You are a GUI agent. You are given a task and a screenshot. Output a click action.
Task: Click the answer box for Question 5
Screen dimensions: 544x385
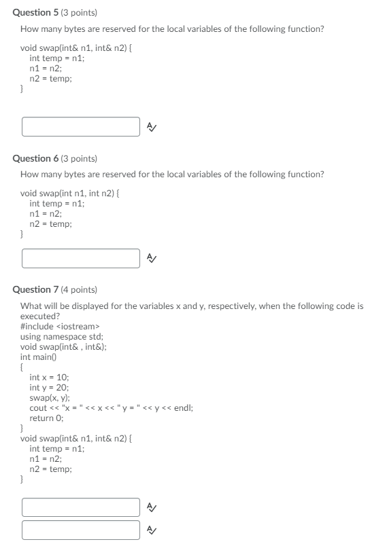coord(81,126)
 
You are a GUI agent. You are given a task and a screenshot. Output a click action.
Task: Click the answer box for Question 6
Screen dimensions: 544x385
coord(81,258)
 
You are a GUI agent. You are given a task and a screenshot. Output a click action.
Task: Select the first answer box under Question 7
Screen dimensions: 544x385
coord(81,507)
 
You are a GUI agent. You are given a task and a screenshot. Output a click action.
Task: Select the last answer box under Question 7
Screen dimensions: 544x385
coord(81,530)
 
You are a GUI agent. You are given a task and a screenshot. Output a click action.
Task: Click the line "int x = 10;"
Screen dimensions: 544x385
coord(50,377)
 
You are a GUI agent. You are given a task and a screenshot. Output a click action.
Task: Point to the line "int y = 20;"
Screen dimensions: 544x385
coord(50,387)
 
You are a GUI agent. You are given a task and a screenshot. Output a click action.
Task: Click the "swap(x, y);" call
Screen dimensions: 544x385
coord(50,397)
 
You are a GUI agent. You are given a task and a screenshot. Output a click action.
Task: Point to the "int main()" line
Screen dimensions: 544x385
coord(36,357)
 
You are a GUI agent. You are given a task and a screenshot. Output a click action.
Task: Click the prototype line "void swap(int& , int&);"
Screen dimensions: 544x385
coord(63,346)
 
